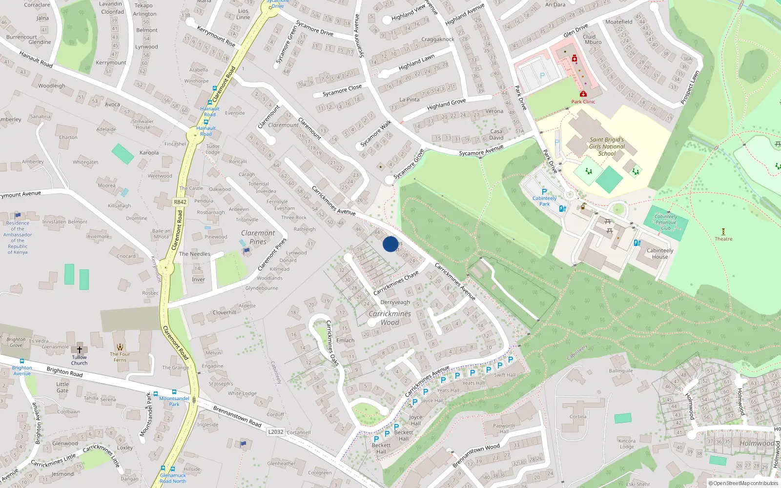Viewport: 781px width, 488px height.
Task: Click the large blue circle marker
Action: pyautogui.click(x=390, y=244)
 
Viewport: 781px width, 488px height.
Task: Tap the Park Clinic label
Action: pyautogui.click(x=583, y=102)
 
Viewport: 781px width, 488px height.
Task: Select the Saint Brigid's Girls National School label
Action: pyautogui.click(x=606, y=146)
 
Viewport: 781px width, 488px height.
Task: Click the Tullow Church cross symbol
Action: pyautogui.click(x=79, y=350)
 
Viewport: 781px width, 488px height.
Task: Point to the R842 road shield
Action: pyautogui.click(x=180, y=202)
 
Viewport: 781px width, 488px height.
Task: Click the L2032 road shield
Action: pyautogui.click(x=275, y=432)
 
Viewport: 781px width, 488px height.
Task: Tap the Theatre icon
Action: pyautogui.click(x=723, y=232)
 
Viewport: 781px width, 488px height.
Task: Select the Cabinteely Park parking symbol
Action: pyautogui.click(x=544, y=192)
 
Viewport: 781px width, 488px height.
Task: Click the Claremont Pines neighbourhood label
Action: pyautogui.click(x=258, y=237)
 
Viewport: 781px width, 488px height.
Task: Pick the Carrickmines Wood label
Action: pyautogui.click(x=390, y=318)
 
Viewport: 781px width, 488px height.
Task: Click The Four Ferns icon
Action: pyautogui.click(x=120, y=347)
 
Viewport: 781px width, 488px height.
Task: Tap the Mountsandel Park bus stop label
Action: pyautogui.click(x=174, y=401)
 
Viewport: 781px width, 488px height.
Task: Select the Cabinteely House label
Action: pyautogui.click(x=659, y=254)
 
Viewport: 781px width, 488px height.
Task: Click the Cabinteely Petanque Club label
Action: pyautogui.click(x=666, y=223)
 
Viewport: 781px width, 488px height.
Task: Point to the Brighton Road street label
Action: pyautogui.click(x=64, y=372)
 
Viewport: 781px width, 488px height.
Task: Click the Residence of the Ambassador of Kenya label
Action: pyautogui.click(x=18, y=238)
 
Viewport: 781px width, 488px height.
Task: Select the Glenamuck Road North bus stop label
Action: pyautogui.click(x=173, y=478)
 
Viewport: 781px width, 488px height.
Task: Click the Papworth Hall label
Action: pyautogui.click(x=504, y=428)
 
